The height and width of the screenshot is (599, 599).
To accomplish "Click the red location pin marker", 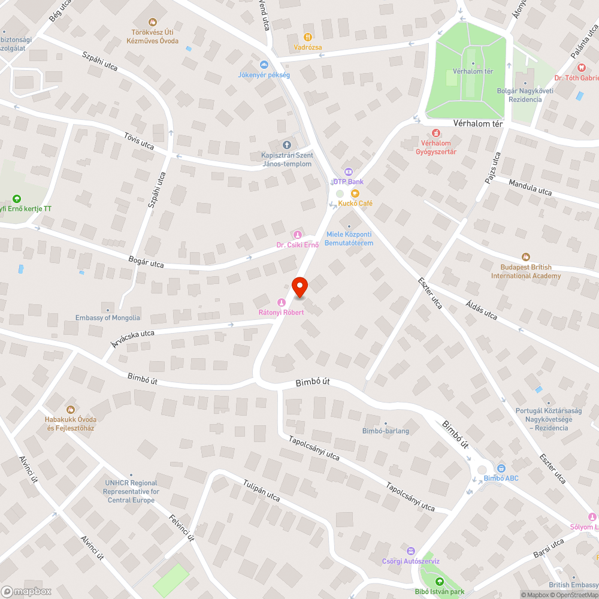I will pos(299,287).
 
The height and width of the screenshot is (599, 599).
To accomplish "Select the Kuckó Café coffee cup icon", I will pos(355,193).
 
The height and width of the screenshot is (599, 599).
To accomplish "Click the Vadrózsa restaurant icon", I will pos(308,37).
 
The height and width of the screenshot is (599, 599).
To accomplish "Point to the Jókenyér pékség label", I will pos(264,75).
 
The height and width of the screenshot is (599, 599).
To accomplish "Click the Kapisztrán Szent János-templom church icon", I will pos(286,145).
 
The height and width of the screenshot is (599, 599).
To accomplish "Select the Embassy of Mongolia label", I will pos(108,317).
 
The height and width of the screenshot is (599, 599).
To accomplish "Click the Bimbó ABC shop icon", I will pos(501,468).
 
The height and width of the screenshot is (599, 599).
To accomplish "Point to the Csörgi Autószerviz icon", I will pos(410,551).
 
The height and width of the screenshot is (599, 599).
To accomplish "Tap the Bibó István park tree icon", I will pos(439,581).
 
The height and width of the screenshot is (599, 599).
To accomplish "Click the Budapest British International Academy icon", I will pos(526,256).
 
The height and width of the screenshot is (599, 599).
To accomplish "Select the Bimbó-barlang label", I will pos(386,431).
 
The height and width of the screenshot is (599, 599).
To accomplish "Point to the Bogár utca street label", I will pos(146,264).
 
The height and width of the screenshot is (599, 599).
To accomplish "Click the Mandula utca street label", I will pos(530,187).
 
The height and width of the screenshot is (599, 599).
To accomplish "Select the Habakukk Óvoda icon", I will pos(69,410).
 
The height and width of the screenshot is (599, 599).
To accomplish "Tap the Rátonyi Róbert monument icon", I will pos(282,302).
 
